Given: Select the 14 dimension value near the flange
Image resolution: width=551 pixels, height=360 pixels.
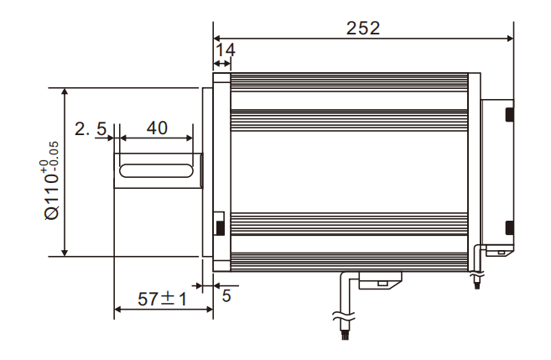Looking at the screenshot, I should (x=224, y=50).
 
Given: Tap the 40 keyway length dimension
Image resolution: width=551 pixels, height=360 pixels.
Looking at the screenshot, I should (x=157, y=128).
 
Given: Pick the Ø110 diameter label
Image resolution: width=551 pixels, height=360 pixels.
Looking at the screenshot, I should (x=51, y=196).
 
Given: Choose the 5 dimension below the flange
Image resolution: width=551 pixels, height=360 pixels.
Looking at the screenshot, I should (x=226, y=295).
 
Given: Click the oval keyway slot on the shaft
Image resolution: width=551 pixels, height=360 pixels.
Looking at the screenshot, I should (x=156, y=170).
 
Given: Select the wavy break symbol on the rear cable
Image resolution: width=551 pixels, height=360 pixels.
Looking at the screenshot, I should (x=477, y=274).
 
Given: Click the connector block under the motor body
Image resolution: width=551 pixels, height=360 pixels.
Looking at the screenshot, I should (x=379, y=280).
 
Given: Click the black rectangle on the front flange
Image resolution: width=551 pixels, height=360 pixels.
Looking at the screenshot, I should (x=220, y=225).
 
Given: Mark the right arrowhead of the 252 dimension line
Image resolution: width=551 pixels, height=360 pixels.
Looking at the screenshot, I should (x=510, y=38).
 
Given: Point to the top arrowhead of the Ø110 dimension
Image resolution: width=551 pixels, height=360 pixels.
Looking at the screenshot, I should (x=65, y=91).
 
